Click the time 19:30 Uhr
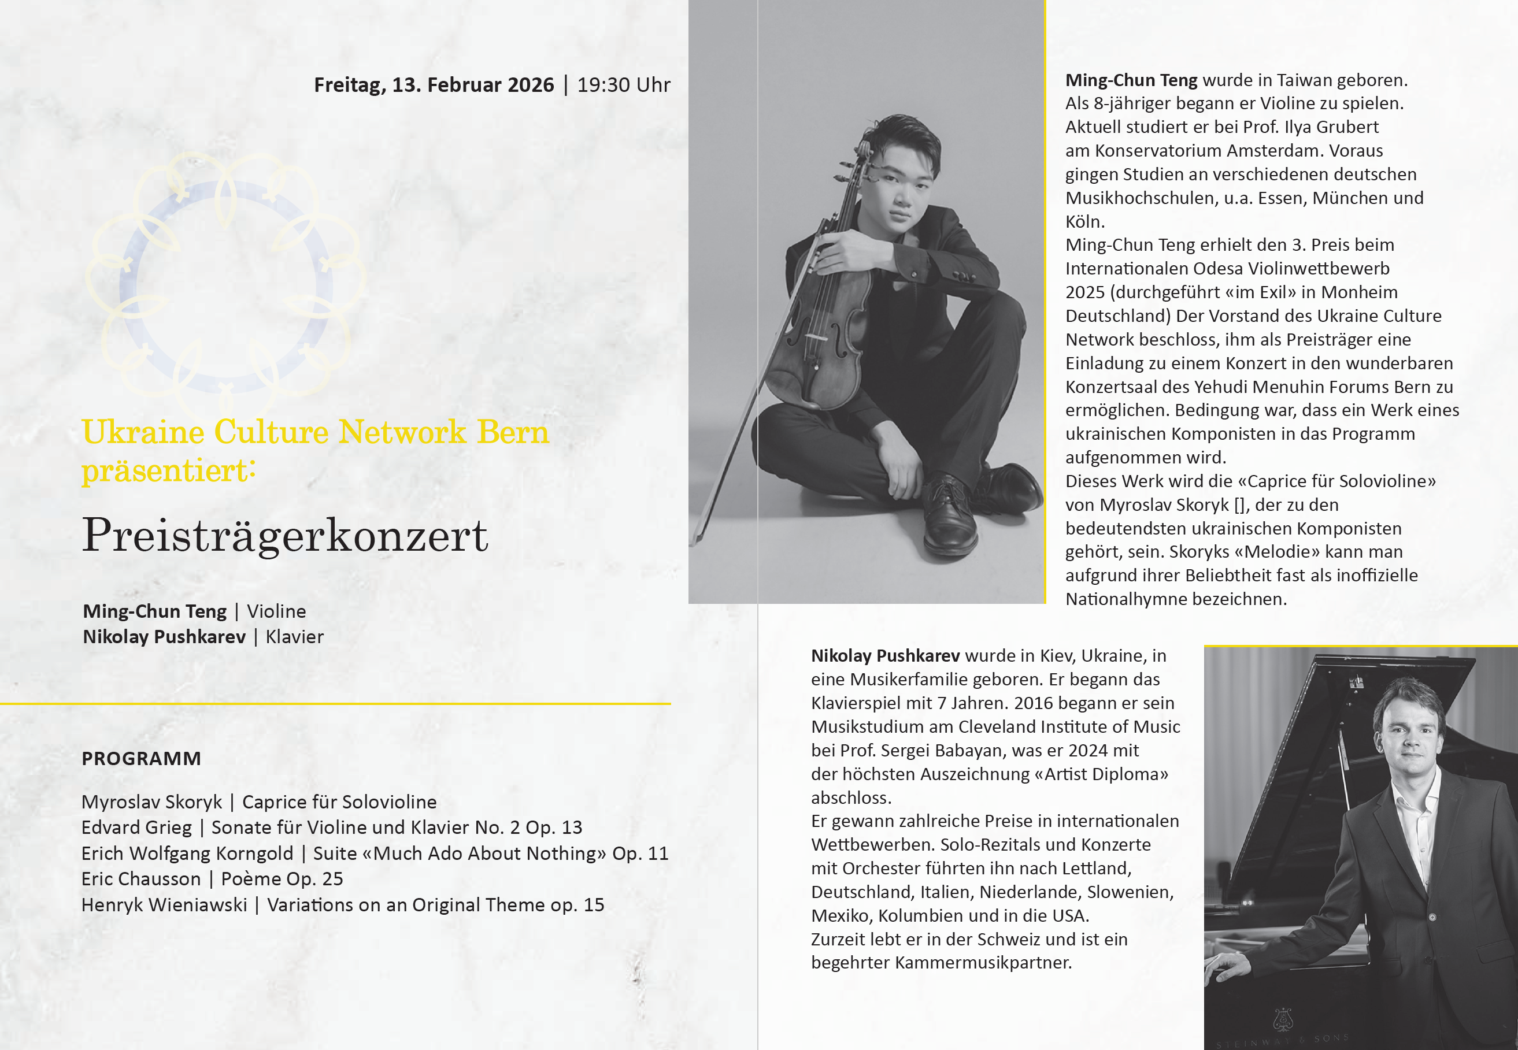(623, 85)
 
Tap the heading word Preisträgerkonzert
(284, 536)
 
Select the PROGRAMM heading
(142, 759)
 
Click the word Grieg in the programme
(171, 828)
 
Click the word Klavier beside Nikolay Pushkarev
(294, 637)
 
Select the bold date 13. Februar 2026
(473, 85)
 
